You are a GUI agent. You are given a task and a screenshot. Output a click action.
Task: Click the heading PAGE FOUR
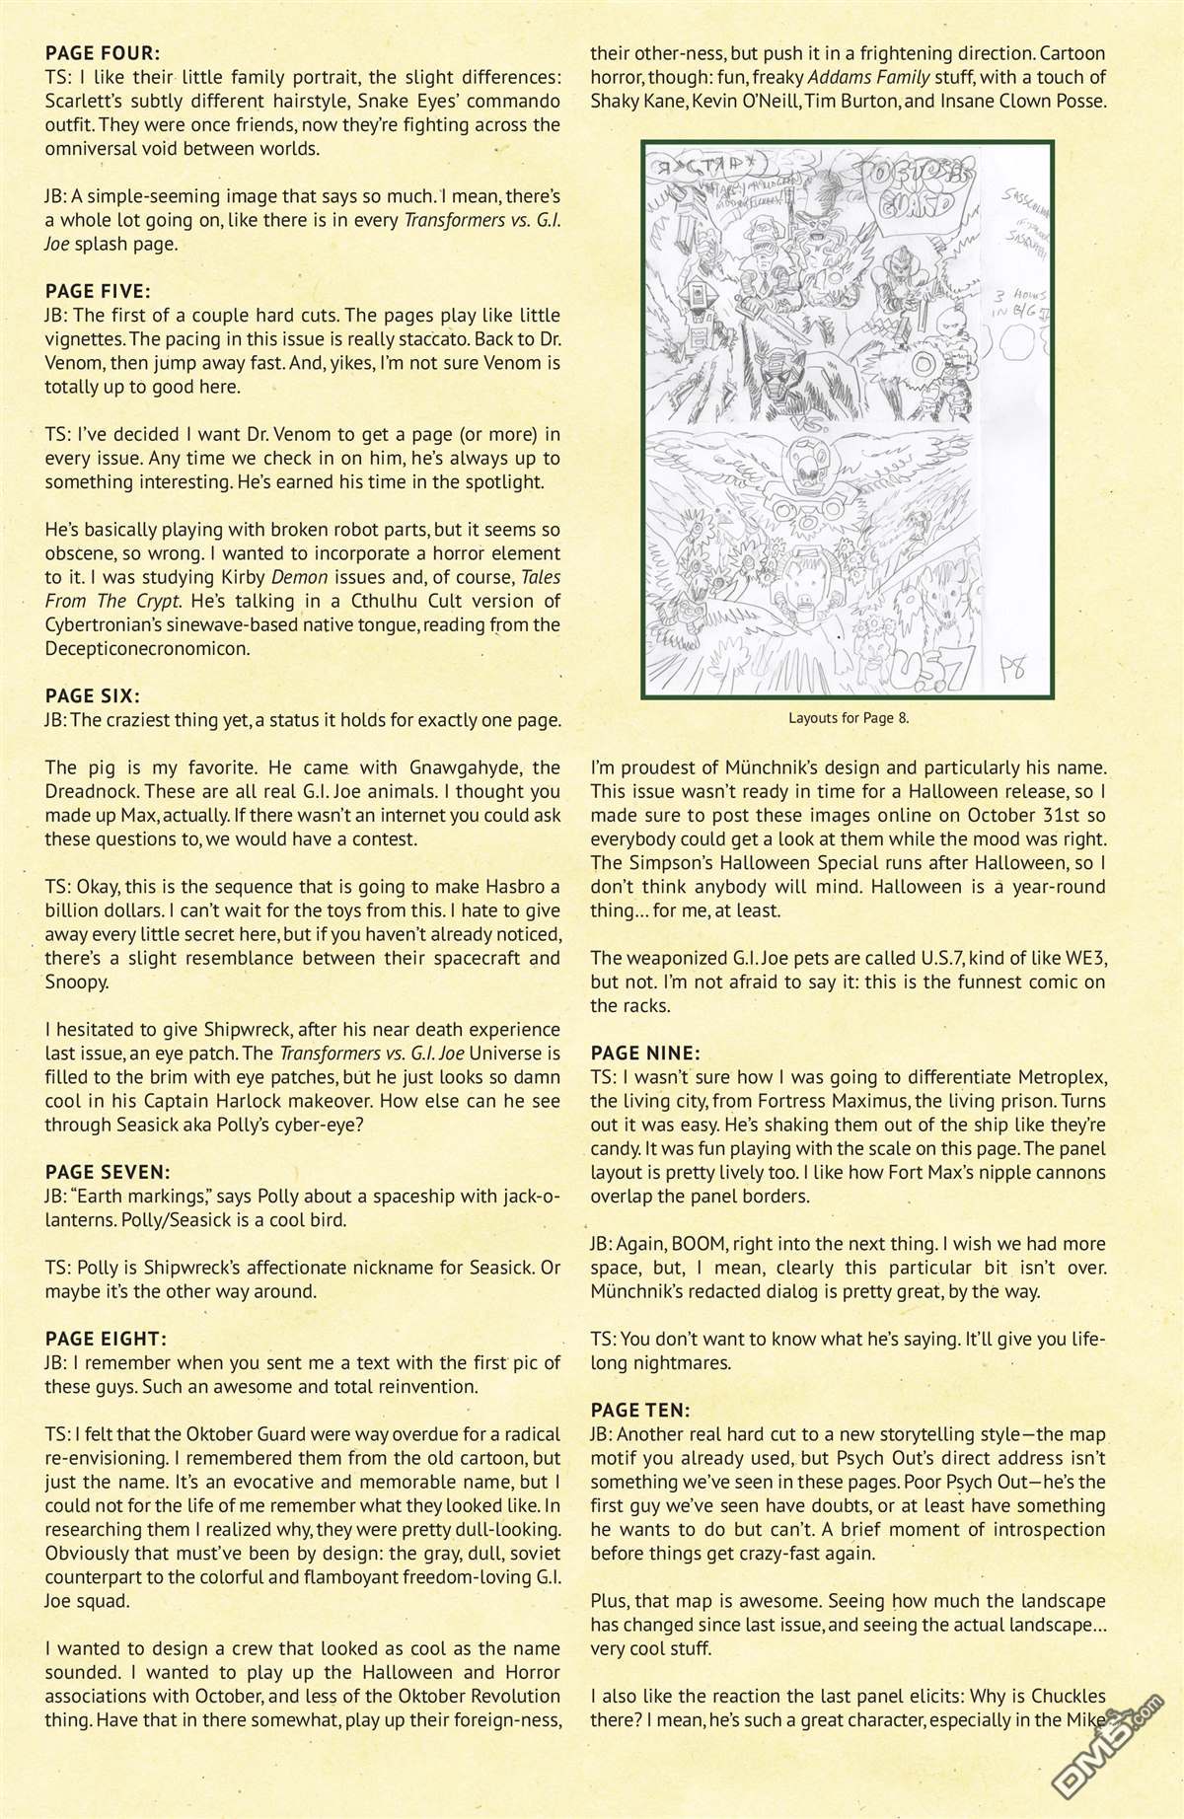[103, 53]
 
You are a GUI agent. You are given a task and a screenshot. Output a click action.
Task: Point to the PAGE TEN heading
[640, 1409]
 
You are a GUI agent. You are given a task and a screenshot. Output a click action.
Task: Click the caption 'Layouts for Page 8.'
[849, 718]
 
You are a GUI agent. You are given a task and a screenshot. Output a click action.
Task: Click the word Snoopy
[77, 982]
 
